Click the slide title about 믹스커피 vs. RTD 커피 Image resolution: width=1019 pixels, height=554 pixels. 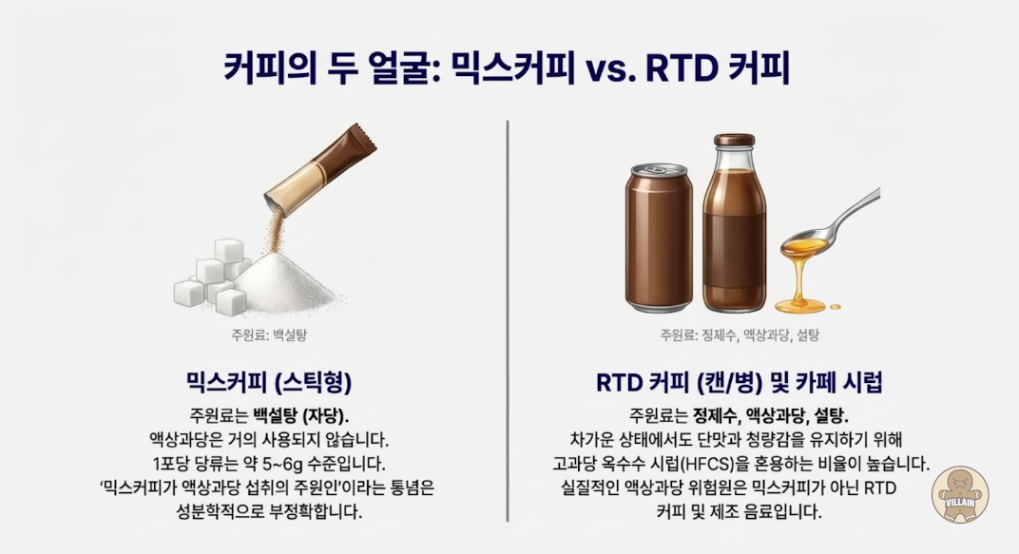pyautogui.click(x=507, y=67)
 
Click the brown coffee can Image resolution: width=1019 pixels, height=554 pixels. pyautogui.click(x=659, y=238)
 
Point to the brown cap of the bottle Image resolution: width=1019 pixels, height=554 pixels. pyautogui.click(x=735, y=140)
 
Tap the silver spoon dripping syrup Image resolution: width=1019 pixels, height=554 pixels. pyautogui.click(x=831, y=224)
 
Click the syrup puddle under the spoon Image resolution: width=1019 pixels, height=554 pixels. pyautogui.click(x=803, y=304)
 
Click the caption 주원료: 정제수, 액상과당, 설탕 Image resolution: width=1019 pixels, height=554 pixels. pyautogui.click(x=740, y=335)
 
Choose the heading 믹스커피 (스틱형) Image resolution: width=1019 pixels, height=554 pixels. pyautogui.click(x=269, y=382)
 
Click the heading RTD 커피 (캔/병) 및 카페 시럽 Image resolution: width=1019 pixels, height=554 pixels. pyautogui.click(x=740, y=382)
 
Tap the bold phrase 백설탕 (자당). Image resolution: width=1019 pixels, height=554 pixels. pyautogui.click(x=301, y=415)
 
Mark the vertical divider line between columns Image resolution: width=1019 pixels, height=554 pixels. pyautogui.click(x=508, y=321)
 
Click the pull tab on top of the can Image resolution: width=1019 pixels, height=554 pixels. pyautogui.click(x=654, y=169)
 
